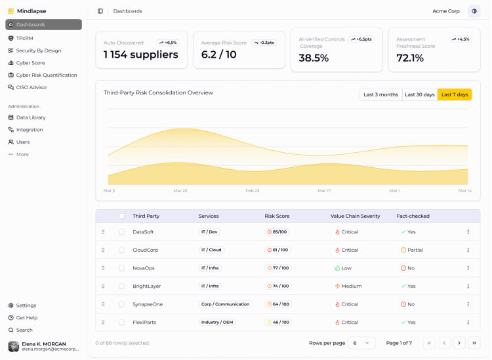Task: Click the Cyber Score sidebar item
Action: pos(30,63)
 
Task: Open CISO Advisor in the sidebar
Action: pos(31,87)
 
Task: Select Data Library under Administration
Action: pos(31,117)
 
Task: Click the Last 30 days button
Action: pos(419,94)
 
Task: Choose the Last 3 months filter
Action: pos(380,94)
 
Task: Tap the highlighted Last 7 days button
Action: pos(455,94)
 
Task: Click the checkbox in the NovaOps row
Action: pos(121,268)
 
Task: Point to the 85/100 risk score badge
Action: pos(277,232)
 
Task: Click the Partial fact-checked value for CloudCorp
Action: pos(412,250)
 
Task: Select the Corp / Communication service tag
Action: pos(226,304)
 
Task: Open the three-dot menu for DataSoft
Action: pos(468,232)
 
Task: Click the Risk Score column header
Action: pos(277,216)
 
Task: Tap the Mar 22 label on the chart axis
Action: pos(180,191)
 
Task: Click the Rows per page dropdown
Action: pos(361,343)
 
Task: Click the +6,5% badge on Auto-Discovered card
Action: pos(168,43)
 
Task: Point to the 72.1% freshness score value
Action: pos(410,58)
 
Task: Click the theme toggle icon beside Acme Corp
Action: pos(474,11)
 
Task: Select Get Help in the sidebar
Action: pos(26,318)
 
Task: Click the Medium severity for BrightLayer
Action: pos(348,287)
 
